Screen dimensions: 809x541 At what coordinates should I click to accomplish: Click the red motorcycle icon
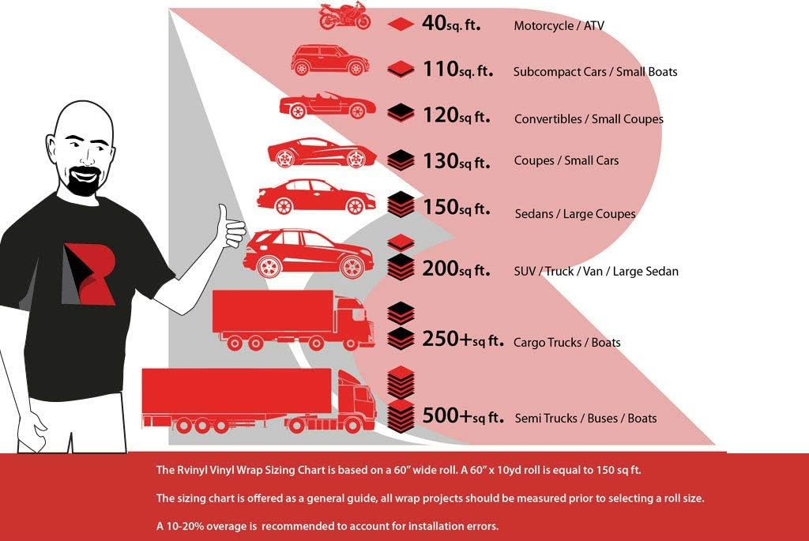[344, 16]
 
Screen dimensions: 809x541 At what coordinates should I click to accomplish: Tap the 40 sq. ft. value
[451, 23]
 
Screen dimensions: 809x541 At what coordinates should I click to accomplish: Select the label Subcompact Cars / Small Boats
[595, 72]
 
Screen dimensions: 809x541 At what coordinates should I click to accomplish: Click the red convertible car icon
[327, 106]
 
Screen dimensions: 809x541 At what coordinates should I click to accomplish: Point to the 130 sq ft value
[456, 161]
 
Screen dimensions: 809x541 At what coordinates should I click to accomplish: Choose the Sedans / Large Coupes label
[575, 213]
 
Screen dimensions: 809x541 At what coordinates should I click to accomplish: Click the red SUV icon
[309, 254]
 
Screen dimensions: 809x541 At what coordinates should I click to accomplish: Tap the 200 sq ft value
[456, 269]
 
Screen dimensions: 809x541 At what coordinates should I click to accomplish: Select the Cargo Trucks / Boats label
[566, 343]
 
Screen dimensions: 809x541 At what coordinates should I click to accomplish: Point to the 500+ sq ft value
[463, 415]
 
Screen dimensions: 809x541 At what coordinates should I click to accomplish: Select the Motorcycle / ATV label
[559, 25]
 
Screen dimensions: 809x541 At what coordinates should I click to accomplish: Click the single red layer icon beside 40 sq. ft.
[401, 24]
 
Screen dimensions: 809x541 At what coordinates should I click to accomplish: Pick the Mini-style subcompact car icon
[329, 60]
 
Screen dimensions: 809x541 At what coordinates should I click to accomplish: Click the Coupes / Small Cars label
[566, 160]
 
